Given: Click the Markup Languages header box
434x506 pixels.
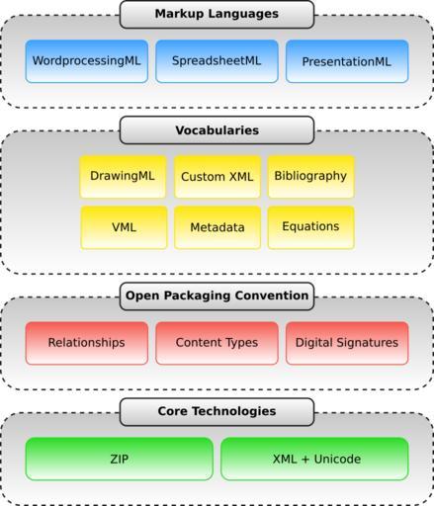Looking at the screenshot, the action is tap(217, 15).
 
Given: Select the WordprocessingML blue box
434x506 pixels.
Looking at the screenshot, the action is tap(87, 61).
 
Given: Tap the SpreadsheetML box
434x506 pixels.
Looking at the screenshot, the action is tap(217, 61).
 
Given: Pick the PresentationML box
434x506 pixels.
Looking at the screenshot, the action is tap(347, 61).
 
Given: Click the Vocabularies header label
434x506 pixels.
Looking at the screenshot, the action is tap(217, 130).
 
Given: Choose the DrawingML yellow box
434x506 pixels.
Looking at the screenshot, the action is tap(123, 177).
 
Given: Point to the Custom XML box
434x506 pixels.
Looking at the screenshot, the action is tap(217, 177).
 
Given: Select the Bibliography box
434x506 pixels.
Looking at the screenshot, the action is tap(311, 177).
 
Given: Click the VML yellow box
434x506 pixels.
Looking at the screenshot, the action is tap(124, 227).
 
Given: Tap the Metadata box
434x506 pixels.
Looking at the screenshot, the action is tap(217, 227).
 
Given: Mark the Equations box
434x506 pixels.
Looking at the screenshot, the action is tap(311, 227).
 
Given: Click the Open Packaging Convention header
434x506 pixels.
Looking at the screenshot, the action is tap(217, 296).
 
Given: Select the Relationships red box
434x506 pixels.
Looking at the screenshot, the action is tap(87, 343).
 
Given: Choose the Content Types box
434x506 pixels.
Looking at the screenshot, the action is tap(217, 343).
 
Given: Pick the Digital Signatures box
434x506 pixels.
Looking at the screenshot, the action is tap(347, 343).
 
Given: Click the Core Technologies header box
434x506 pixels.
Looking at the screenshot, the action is tap(217, 412).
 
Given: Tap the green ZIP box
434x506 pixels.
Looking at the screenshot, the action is tap(120, 459).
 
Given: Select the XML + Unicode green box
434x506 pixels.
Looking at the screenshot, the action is tap(314, 459).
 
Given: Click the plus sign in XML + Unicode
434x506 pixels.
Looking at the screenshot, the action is tap(305, 460).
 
